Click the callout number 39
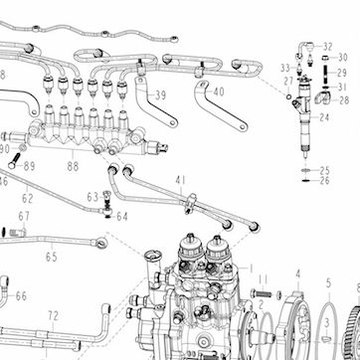coord(160,95)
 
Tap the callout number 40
coord(219,91)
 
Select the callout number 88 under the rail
coord(73,166)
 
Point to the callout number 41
coord(180,180)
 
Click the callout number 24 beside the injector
coord(324,117)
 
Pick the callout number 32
coord(327,47)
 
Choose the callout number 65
coord(52,257)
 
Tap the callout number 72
coord(53,316)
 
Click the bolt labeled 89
coord(14,160)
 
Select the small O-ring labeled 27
coord(288,96)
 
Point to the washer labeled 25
coord(305,170)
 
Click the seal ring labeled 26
coord(305,181)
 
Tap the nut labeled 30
coord(325,59)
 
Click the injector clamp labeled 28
coord(322,98)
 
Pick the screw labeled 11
coord(261,293)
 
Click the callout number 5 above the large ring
coord(328,282)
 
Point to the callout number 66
coord(21,296)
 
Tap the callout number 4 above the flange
coord(298,273)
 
